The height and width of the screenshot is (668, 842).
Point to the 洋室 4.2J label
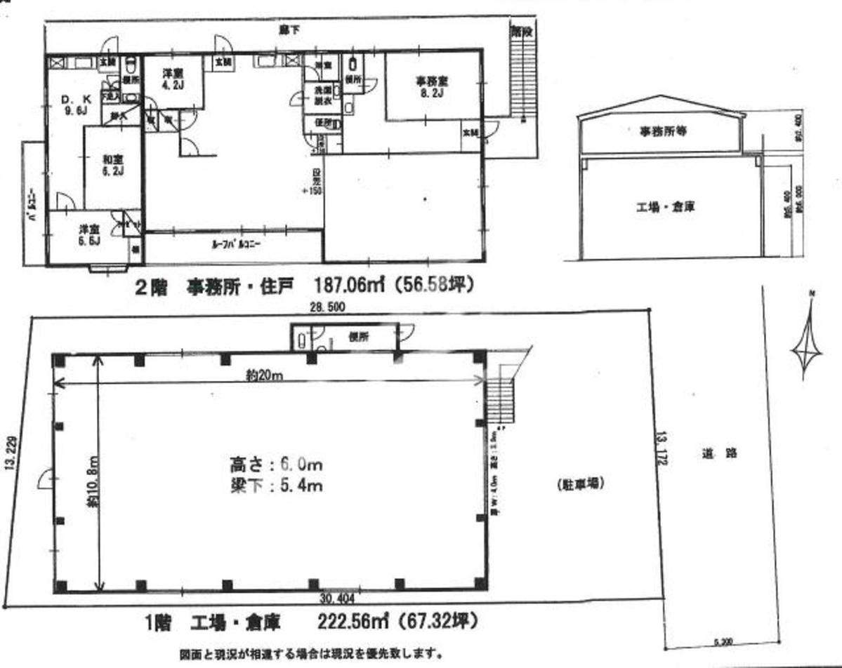[173, 78]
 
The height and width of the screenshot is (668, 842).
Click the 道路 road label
[718, 453]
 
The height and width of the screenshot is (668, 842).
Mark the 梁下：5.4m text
[276, 484]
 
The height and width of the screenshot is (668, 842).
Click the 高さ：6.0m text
[276, 465]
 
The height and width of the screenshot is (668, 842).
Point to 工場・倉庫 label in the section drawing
[666, 207]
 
